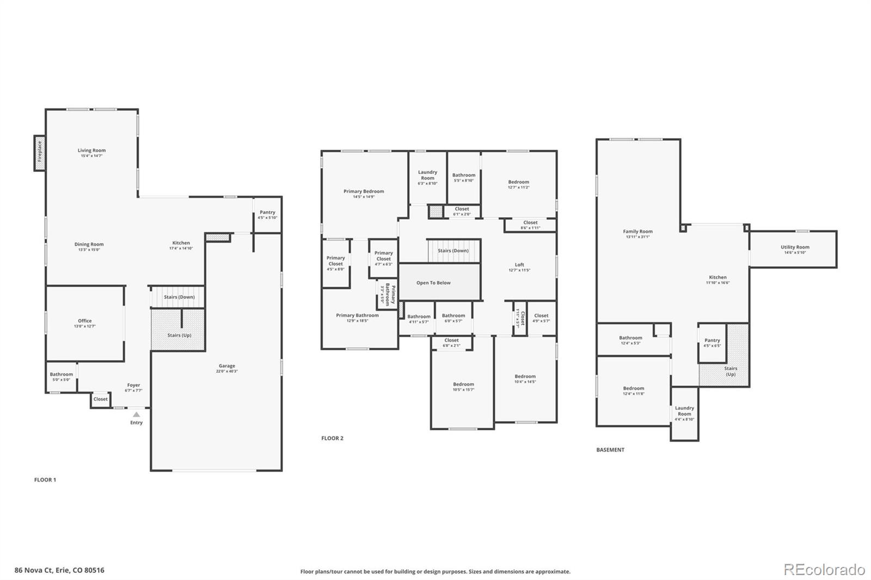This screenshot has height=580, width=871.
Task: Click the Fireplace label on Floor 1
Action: (39, 152)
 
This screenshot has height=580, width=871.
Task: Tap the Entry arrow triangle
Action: (136, 415)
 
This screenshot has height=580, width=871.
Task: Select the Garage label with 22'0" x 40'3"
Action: (227, 368)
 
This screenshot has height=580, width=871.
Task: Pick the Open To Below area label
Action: (433, 283)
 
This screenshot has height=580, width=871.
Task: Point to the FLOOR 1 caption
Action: (45, 480)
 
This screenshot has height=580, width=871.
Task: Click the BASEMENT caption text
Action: (610, 450)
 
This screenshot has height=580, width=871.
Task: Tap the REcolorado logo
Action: (824, 570)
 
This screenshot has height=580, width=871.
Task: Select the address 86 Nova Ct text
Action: (59, 570)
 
